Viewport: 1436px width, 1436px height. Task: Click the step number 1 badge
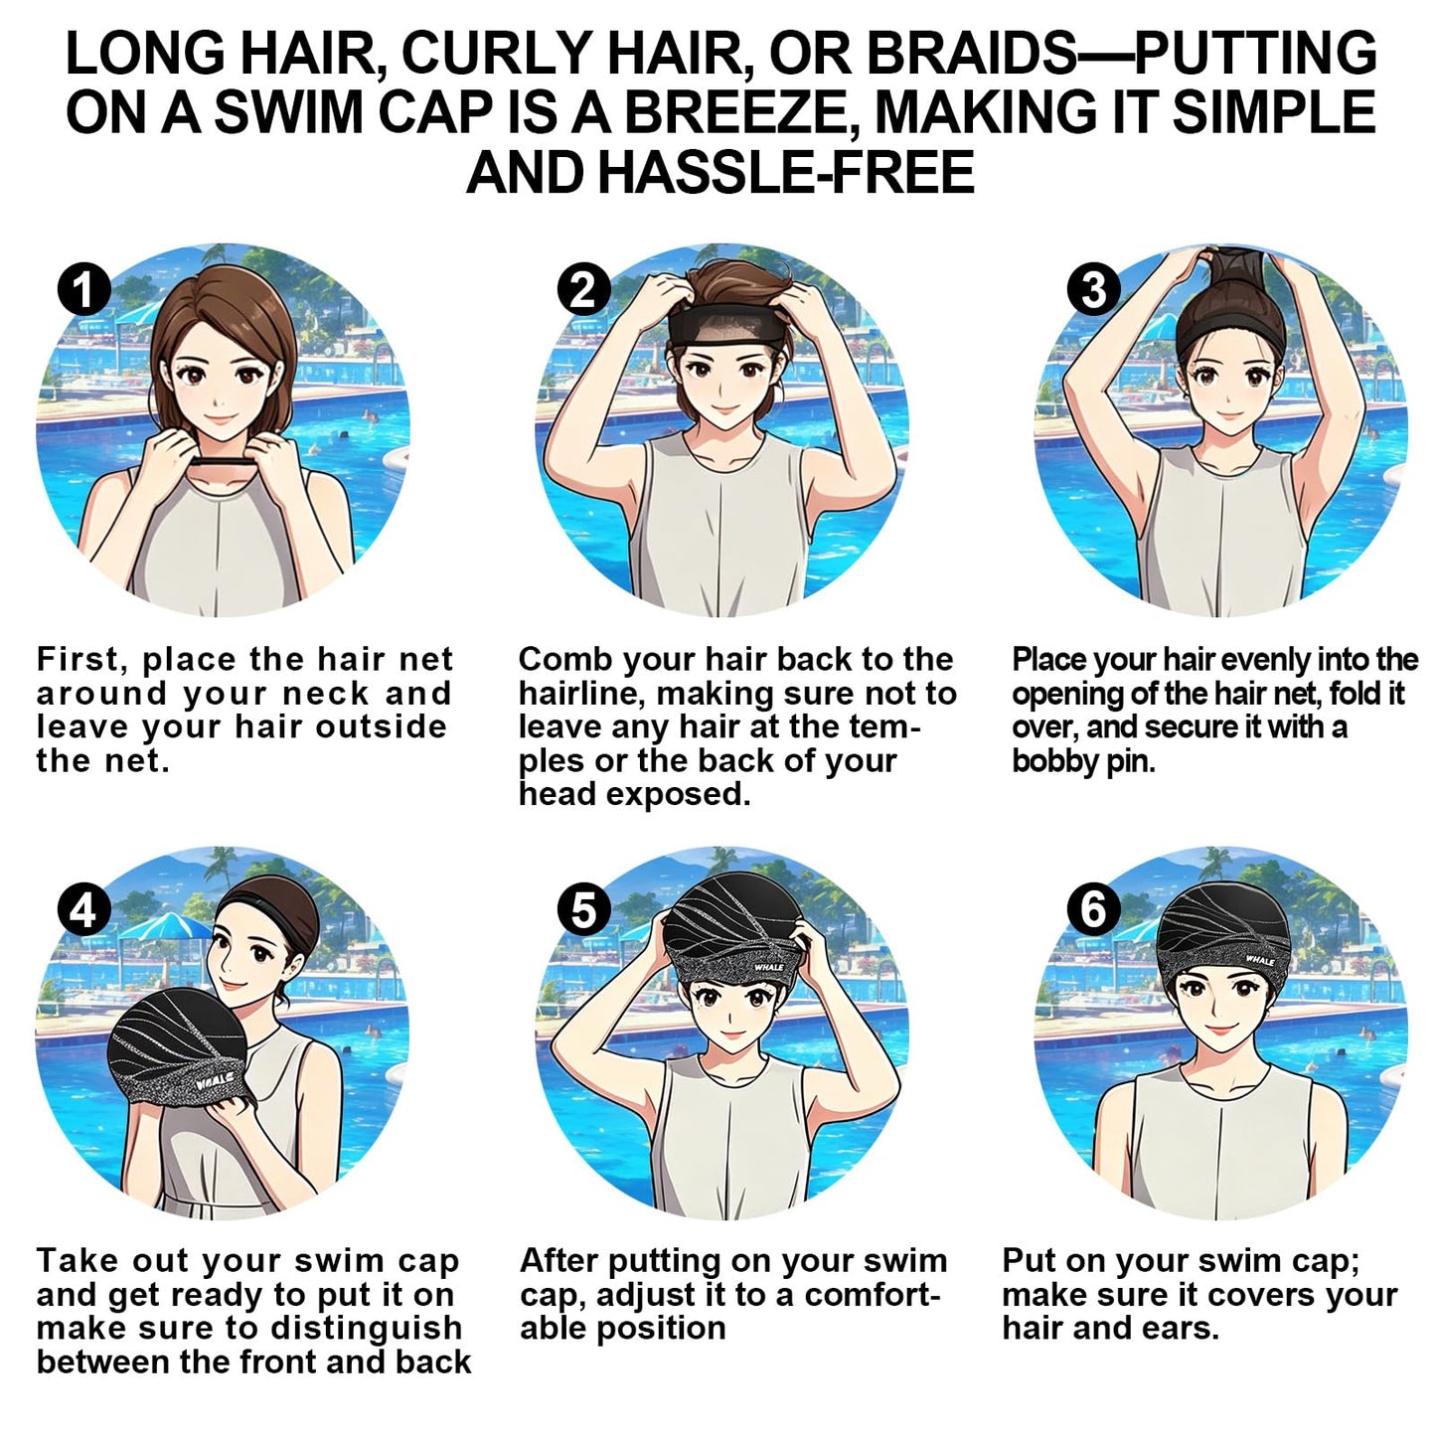[x=84, y=289]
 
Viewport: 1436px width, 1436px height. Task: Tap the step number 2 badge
[x=583, y=289]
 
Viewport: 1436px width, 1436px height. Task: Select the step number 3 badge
[x=1093, y=289]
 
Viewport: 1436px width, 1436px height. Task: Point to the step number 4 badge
[x=84, y=909]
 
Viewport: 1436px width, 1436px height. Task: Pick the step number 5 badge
[x=583, y=909]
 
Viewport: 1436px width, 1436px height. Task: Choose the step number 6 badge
[x=1093, y=909]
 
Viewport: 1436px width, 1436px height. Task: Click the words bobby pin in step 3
[x=1083, y=761]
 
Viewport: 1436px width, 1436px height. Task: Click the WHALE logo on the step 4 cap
[x=214, y=1080]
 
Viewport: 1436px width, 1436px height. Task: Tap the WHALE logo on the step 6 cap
[x=1259, y=960]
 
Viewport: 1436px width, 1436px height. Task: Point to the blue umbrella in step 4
[x=165, y=928]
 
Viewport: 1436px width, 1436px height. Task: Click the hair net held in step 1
[x=225, y=463]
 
